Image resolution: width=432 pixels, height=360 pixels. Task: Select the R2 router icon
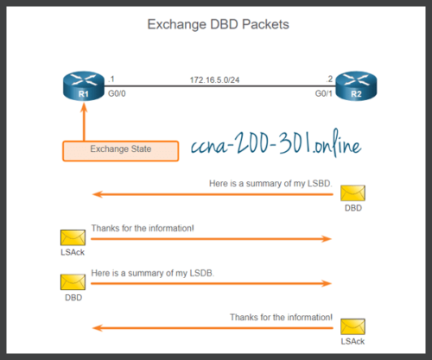click(352, 86)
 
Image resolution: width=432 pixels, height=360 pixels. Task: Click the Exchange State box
click(121, 149)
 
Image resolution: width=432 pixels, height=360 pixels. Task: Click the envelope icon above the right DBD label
click(352, 193)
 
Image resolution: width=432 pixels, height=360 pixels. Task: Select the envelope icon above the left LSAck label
click(73, 238)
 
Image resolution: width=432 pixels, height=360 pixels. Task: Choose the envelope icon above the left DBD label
click(73, 281)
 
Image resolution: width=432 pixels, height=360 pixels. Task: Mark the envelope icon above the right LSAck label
click(352, 326)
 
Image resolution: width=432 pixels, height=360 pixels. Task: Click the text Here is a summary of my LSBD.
click(270, 184)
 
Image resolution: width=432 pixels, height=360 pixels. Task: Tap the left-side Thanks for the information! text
click(143, 229)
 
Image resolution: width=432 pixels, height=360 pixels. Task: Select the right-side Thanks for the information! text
click(281, 317)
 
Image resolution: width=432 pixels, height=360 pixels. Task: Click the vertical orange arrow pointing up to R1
click(83, 121)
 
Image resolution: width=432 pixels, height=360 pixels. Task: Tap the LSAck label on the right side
click(352, 341)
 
